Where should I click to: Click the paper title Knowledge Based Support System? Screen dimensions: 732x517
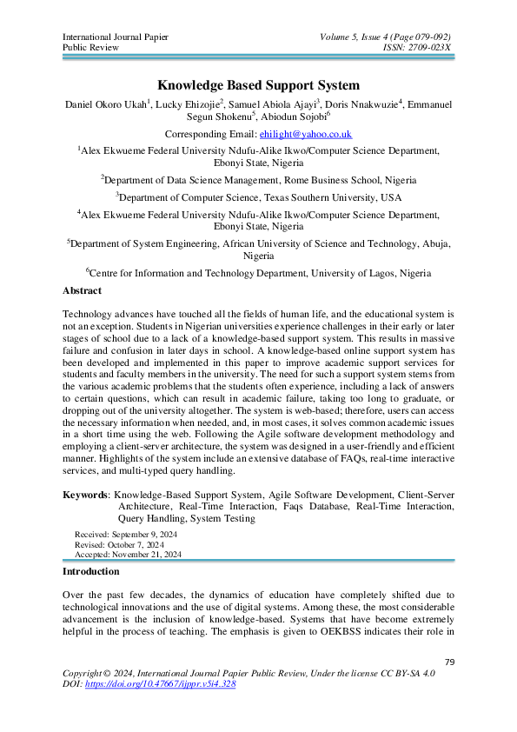258,85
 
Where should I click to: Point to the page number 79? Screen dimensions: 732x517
449,662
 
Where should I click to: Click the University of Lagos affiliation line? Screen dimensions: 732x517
258,272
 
